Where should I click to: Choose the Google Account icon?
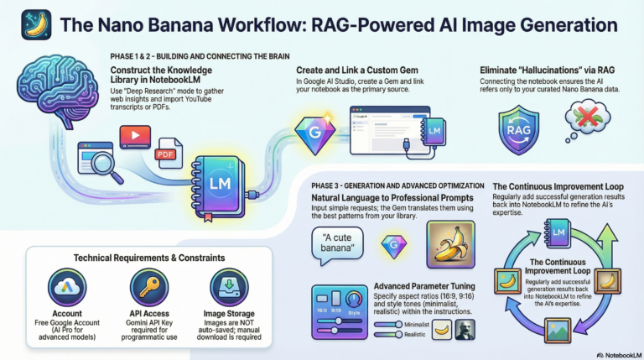click(x=67, y=289)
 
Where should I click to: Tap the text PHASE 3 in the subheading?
click(x=321, y=185)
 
